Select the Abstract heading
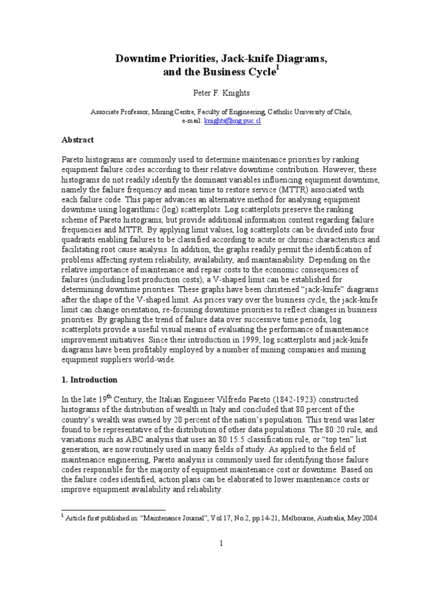click(78, 140)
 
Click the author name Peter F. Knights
click(221, 92)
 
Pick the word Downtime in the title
click(138, 59)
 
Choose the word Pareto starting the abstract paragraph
click(72, 159)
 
